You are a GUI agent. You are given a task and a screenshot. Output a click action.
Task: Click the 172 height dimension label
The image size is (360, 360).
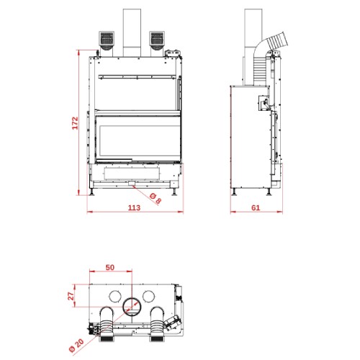click(75, 123)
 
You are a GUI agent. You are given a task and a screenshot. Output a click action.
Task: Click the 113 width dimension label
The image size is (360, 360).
click(134, 207)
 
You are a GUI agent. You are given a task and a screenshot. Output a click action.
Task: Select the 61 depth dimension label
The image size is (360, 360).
click(256, 207)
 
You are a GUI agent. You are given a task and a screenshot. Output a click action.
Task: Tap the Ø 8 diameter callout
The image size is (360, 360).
click(156, 198)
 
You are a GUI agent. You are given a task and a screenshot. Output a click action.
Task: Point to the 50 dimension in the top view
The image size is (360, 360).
click(110, 267)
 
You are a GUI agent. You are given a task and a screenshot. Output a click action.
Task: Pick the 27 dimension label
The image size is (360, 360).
click(71, 296)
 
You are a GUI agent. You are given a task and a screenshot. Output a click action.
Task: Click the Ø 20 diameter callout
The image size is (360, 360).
click(76, 345)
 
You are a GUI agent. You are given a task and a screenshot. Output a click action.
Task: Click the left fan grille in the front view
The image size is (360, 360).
click(107, 39)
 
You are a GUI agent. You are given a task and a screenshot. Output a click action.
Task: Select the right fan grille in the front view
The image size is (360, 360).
click(157, 39)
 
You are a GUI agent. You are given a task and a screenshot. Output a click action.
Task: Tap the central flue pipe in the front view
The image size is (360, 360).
click(132, 32)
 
